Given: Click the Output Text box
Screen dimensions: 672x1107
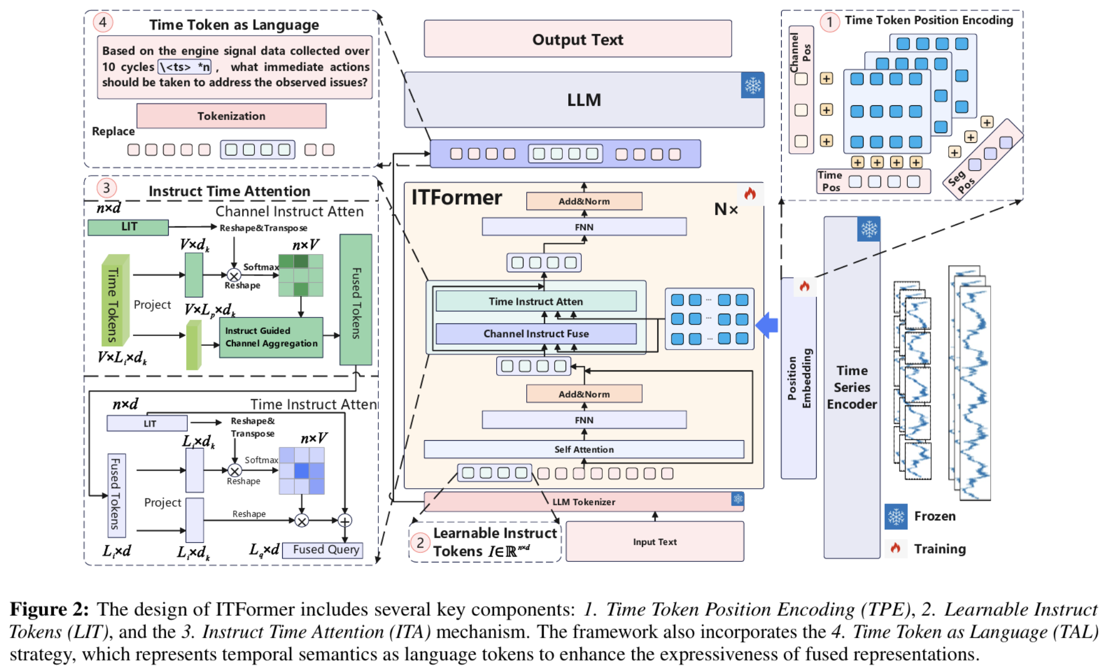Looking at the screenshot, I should tap(578, 39).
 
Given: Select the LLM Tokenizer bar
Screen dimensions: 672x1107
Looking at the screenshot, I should tap(583, 502).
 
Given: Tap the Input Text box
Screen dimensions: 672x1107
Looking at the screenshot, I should tap(654, 542).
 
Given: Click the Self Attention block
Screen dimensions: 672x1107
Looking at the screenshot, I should tap(584, 449).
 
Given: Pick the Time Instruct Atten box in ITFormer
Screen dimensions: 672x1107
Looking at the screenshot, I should tap(535, 302).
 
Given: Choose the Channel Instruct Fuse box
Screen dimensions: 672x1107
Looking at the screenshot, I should tap(535, 334).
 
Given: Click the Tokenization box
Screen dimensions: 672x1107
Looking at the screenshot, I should tap(231, 116).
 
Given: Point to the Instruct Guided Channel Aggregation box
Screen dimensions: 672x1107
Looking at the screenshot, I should tap(271, 337).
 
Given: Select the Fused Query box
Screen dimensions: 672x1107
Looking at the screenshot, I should tap(325, 550).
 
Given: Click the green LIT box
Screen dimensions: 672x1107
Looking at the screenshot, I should tap(128, 227).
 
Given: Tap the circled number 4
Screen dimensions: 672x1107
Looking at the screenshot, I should tap(103, 22).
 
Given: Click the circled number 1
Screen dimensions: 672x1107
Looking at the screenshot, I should tap(829, 22).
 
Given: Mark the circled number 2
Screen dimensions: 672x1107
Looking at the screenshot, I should tap(420, 543).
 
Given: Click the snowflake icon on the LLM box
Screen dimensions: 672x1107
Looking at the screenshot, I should tap(752, 86).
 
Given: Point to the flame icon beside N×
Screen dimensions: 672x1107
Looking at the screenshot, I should tap(750, 194).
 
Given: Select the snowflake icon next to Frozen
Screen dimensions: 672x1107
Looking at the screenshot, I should tap(896, 517).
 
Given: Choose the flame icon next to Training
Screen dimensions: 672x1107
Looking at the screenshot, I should tap(895, 548).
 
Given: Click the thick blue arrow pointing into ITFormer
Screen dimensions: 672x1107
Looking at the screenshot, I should tap(767, 326).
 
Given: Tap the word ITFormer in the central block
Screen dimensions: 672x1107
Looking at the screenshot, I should tap(456, 197).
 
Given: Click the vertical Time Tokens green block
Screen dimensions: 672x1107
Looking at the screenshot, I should tap(115, 301).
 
